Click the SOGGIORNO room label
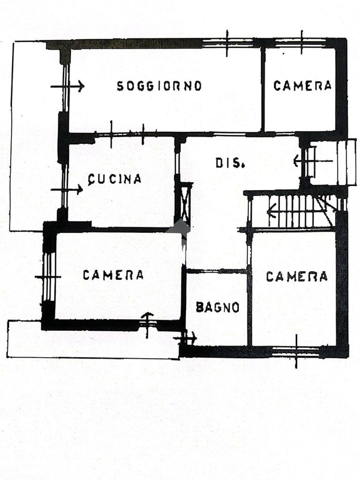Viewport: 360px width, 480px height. click(x=159, y=86)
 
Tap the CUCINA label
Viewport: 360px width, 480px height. click(x=115, y=179)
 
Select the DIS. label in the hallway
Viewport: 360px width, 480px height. click(x=230, y=163)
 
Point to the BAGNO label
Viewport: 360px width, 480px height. click(x=217, y=307)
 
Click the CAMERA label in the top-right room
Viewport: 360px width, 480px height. click(x=302, y=86)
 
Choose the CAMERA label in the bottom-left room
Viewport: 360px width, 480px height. click(x=113, y=275)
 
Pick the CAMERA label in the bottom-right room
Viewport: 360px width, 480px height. click(x=297, y=277)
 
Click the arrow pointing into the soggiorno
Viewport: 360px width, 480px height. click(x=68, y=86)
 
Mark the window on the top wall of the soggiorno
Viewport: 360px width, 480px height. click(x=227, y=43)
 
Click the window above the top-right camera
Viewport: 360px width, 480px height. click(x=301, y=43)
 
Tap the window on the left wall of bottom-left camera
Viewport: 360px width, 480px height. click(x=48, y=277)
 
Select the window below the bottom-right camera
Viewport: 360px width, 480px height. click(x=296, y=351)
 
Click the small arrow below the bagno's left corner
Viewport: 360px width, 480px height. click(x=186, y=337)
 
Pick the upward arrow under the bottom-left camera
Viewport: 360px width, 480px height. click(x=148, y=322)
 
